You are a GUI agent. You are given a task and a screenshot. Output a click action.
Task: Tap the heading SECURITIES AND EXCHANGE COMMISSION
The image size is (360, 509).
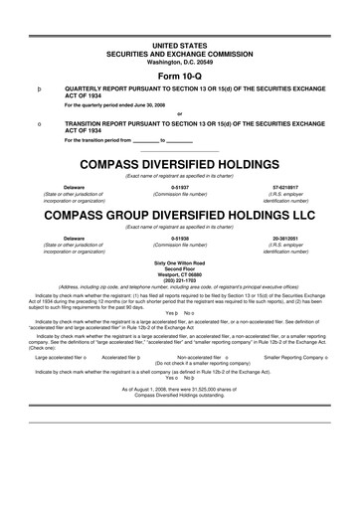[x=179, y=51]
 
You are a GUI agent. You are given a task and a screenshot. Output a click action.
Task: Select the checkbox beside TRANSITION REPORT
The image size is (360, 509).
[x=37, y=123]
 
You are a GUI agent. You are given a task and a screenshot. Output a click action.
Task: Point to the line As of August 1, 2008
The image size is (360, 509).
[x=179, y=389]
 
